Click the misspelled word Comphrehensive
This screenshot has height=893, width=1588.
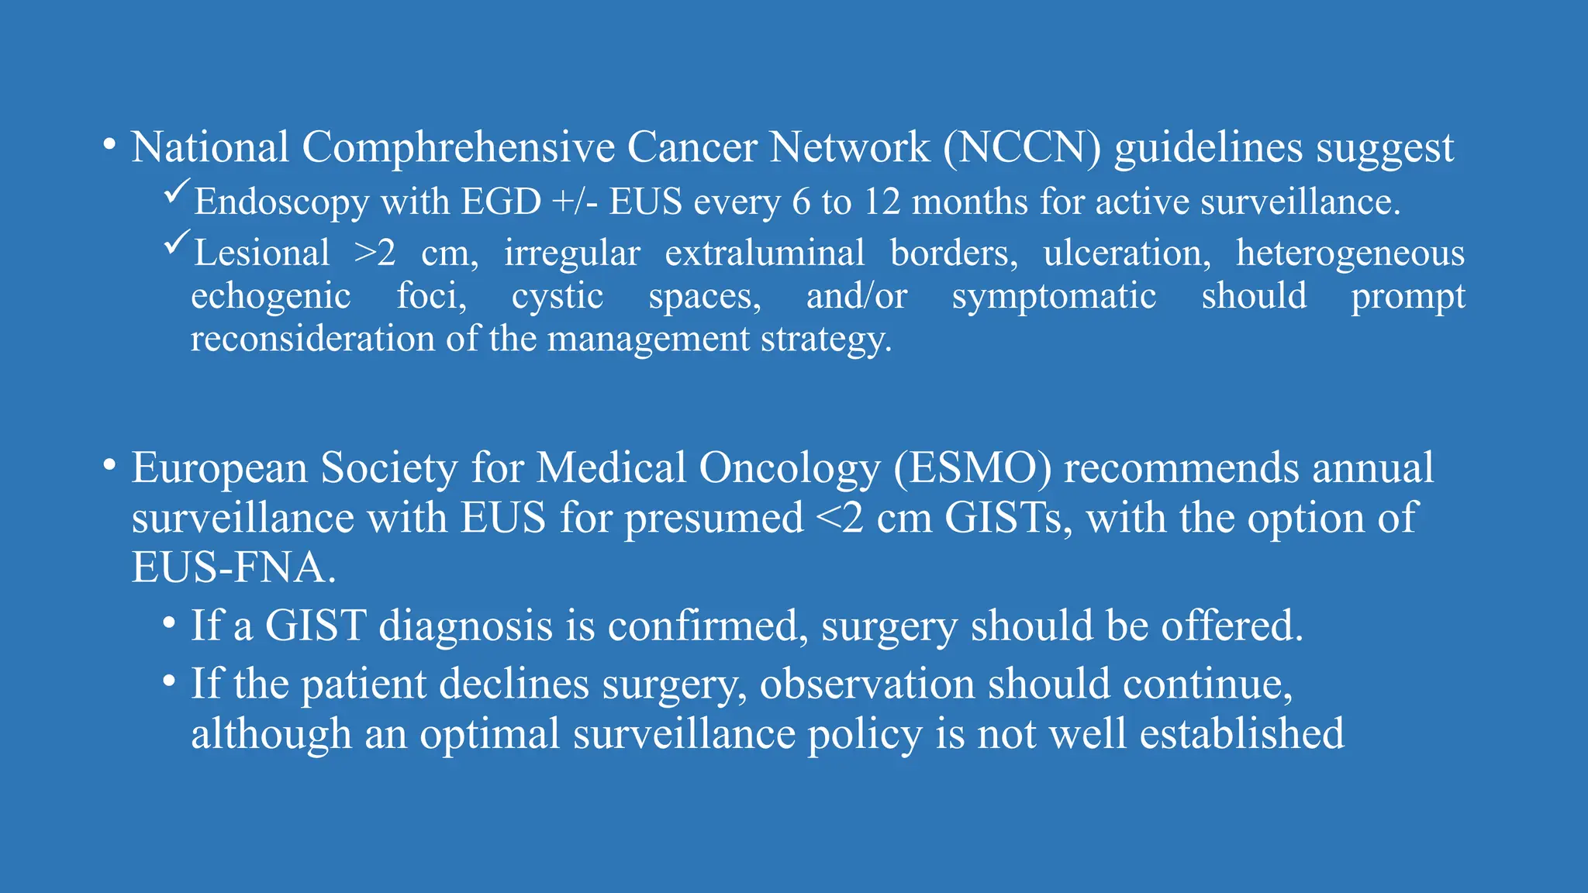click(x=457, y=147)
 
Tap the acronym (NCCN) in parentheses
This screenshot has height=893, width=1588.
click(x=1022, y=147)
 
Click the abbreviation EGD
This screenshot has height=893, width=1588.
click(x=501, y=202)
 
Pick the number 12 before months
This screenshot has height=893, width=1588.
click(x=882, y=202)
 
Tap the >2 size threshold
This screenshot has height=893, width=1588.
click(x=375, y=253)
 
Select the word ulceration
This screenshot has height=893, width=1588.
click(x=1127, y=253)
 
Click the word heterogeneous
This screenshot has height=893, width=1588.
click(x=1350, y=253)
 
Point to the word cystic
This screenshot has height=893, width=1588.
click(x=558, y=297)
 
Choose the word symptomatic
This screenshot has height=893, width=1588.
click(x=1054, y=297)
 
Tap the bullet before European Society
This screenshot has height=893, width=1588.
click(x=109, y=465)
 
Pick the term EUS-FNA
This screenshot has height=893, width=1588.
click(x=233, y=568)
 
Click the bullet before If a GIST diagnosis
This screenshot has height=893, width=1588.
click(x=169, y=622)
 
